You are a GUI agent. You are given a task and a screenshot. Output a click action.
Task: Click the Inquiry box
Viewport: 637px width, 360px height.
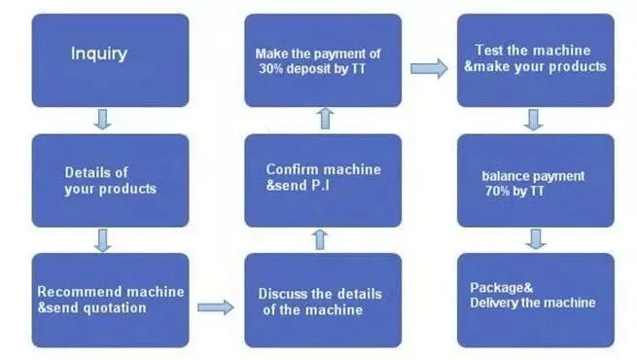pyautogui.click(x=110, y=59)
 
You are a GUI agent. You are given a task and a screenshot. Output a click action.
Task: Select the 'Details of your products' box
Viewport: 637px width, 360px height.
pyautogui.click(x=110, y=180)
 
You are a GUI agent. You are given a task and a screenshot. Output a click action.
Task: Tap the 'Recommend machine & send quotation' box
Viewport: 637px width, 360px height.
pyautogui.click(x=110, y=300)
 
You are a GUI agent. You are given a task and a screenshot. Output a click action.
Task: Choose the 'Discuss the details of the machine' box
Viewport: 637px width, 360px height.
pyautogui.click(x=322, y=300)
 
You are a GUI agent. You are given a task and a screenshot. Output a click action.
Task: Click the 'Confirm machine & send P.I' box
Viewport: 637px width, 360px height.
pyautogui.click(x=322, y=180)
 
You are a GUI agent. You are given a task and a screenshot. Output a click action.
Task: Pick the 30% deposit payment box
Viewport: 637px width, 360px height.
pyautogui.click(x=322, y=59)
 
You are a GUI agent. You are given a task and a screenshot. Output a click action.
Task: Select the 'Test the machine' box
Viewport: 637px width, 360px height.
pyautogui.click(x=535, y=59)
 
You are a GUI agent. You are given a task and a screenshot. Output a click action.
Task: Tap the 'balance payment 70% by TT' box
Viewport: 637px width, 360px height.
pyautogui.click(x=535, y=180)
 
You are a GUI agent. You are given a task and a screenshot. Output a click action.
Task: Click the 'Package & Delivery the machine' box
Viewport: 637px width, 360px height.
pyautogui.click(x=535, y=300)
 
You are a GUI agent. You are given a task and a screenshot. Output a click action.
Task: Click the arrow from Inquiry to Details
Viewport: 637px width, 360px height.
pyautogui.click(x=103, y=120)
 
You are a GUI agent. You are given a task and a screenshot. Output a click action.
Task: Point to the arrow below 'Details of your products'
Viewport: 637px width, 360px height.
pyautogui.click(x=103, y=239)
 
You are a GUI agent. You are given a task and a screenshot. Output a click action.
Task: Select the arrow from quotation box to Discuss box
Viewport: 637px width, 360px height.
pyautogui.click(x=216, y=307)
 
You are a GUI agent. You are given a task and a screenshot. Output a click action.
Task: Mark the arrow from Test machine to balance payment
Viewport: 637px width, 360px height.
pyautogui.click(x=533, y=120)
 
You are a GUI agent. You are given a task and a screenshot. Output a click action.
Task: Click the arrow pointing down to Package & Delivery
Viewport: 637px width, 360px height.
pyautogui.click(x=533, y=239)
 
